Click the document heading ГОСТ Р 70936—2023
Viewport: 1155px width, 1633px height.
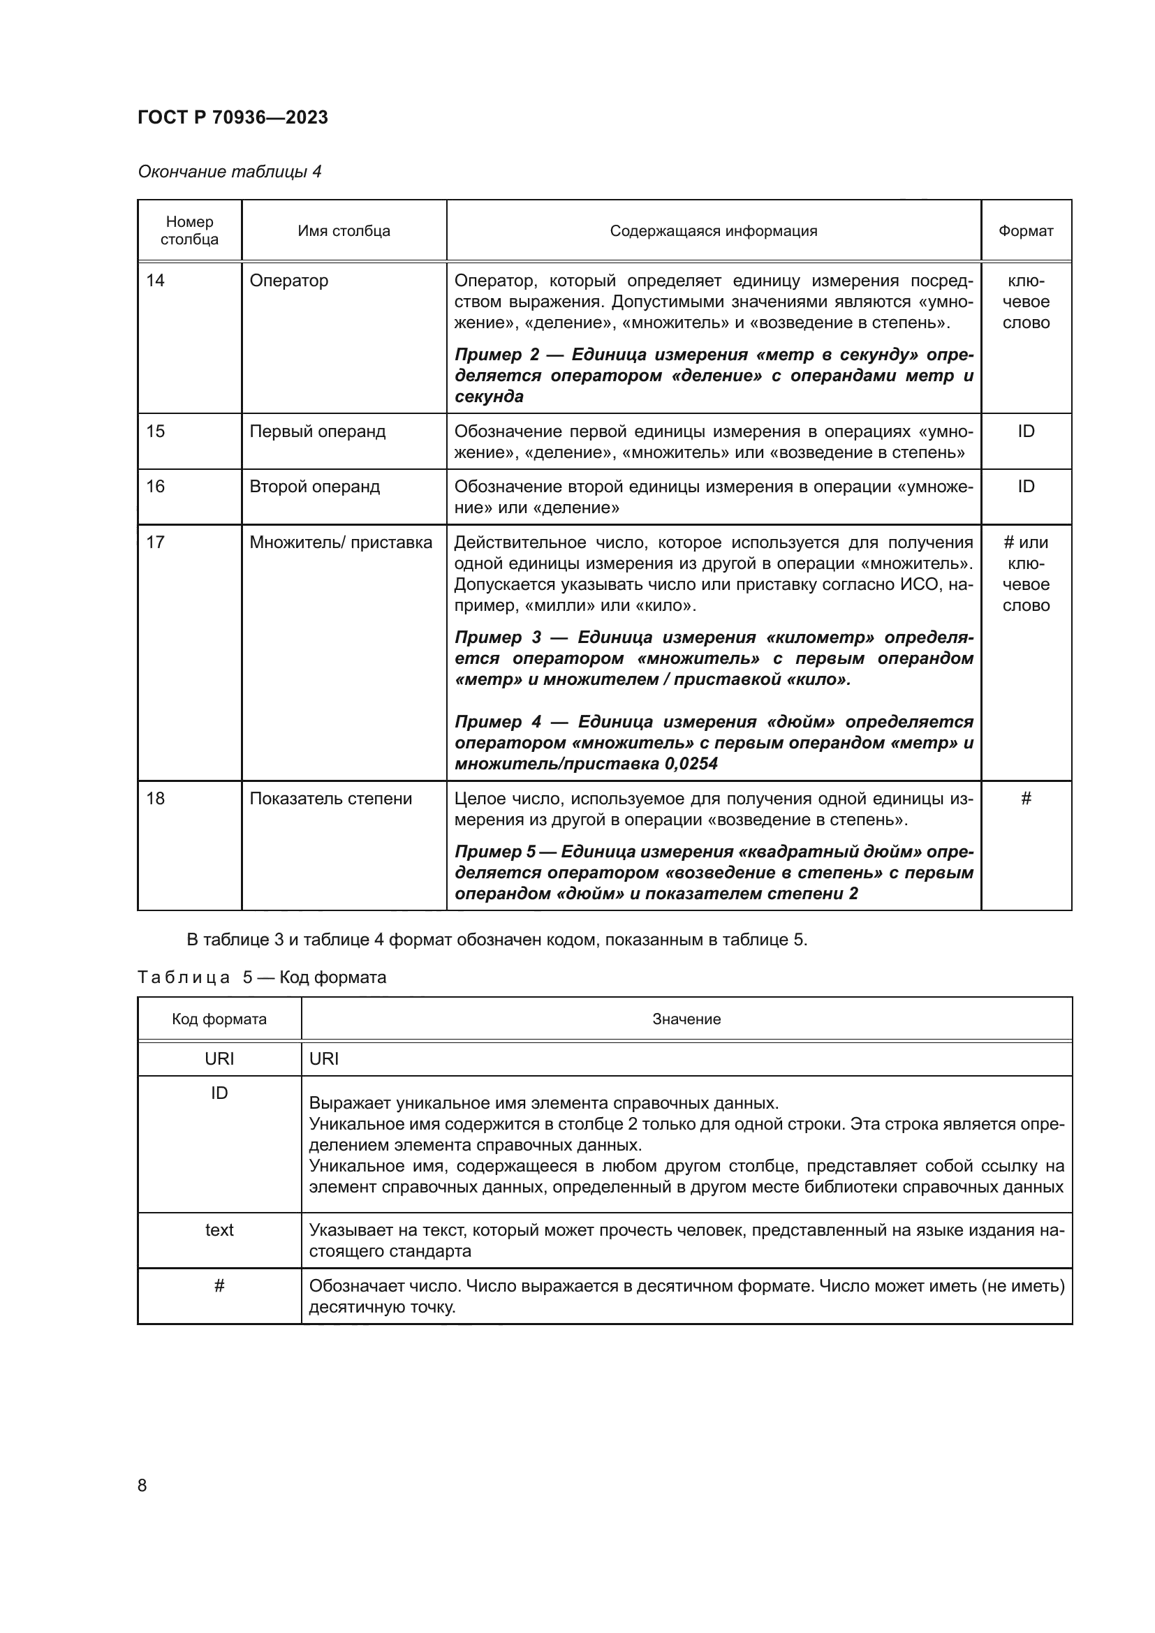(233, 117)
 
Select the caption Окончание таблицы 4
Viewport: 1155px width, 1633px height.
(229, 172)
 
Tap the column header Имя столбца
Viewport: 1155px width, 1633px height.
(344, 230)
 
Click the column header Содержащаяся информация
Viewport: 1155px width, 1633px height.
(714, 230)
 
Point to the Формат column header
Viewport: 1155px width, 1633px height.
(1026, 230)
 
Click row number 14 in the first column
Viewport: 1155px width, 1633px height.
(155, 280)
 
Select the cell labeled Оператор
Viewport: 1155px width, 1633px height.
(289, 280)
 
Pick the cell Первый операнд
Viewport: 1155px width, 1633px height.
(317, 431)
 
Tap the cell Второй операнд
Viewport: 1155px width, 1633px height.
(314, 487)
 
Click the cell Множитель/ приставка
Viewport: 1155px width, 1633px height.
(341, 542)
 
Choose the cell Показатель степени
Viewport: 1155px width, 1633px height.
(331, 798)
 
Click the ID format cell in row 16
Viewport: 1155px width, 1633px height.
(1026, 487)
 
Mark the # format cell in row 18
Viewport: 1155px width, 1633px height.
(1026, 798)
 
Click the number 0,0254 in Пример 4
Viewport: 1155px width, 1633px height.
(691, 764)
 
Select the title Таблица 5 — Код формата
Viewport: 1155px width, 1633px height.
(262, 977)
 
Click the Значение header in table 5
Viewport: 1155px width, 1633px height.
(686, 1019)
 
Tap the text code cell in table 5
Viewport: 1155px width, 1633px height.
(219, 1229)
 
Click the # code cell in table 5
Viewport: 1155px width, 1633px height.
(219, 1285)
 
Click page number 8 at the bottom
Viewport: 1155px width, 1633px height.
(142, 1485)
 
